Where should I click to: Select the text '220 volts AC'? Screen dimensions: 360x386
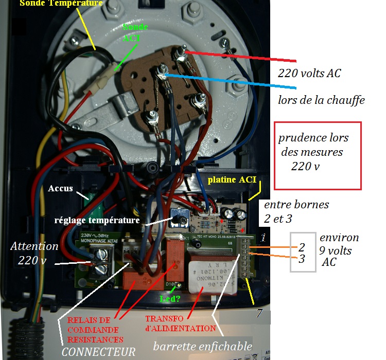(309, 73)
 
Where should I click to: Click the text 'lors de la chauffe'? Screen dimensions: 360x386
(321, 100)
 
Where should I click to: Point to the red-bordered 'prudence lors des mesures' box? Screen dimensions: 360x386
(318, 155)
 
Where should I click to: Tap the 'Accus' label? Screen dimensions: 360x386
(60, 188)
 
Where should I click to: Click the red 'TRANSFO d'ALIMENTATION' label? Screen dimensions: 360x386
(180, 323)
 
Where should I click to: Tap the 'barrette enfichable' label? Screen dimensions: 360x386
(202, 346)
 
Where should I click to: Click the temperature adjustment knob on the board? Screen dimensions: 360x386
(181, 220)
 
